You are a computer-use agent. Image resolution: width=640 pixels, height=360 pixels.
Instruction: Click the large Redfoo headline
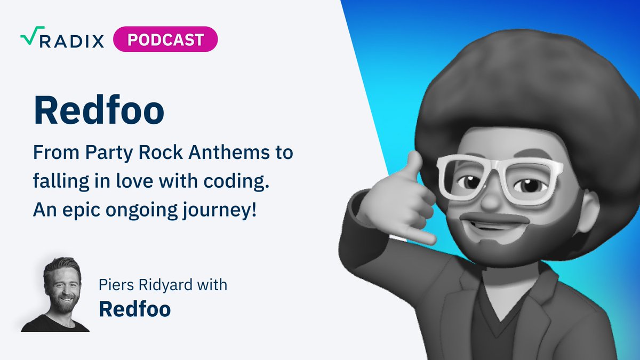99,110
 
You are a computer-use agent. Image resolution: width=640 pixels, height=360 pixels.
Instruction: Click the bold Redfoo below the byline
135,309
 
